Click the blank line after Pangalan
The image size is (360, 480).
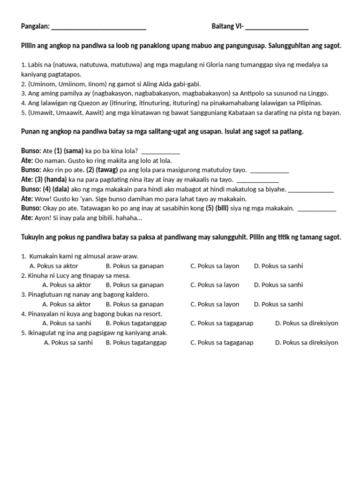pos(98,28)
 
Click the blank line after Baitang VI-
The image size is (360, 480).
pos(277,28)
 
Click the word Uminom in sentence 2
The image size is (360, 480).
pos(41,84)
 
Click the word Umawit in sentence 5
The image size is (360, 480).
pos(40,112)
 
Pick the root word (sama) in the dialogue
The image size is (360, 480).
pos(74,151)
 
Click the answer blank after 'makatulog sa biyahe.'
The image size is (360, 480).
pos(310,190)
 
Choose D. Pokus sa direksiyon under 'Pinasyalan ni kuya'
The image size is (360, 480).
pos(307,323)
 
